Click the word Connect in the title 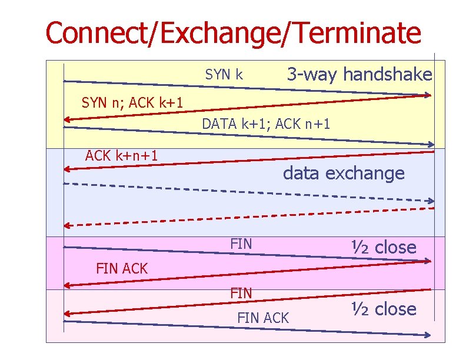[x=97, y=33]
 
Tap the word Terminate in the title [x=352, y=33]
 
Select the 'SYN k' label [x=224, y=75]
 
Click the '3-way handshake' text [x=359, y=75]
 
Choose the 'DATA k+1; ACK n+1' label [x=266, y=124]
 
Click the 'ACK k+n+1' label [x=121, y=156]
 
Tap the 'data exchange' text [x=344, y=174]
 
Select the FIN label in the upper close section [x=241, y=243]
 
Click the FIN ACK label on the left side [x=122, y=269]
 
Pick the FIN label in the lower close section [x=241, y=292]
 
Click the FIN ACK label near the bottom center [x=263, y=318]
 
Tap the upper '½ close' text [x=384, y=247]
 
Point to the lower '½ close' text [x=384, y=309]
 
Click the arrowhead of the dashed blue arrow [x=431, y=201]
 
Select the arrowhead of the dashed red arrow [x=68, y=225]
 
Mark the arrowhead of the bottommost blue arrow [x=430, y=335]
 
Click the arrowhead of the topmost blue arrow [x=428, y=95]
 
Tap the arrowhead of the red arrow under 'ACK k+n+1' [x=68, y=169]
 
